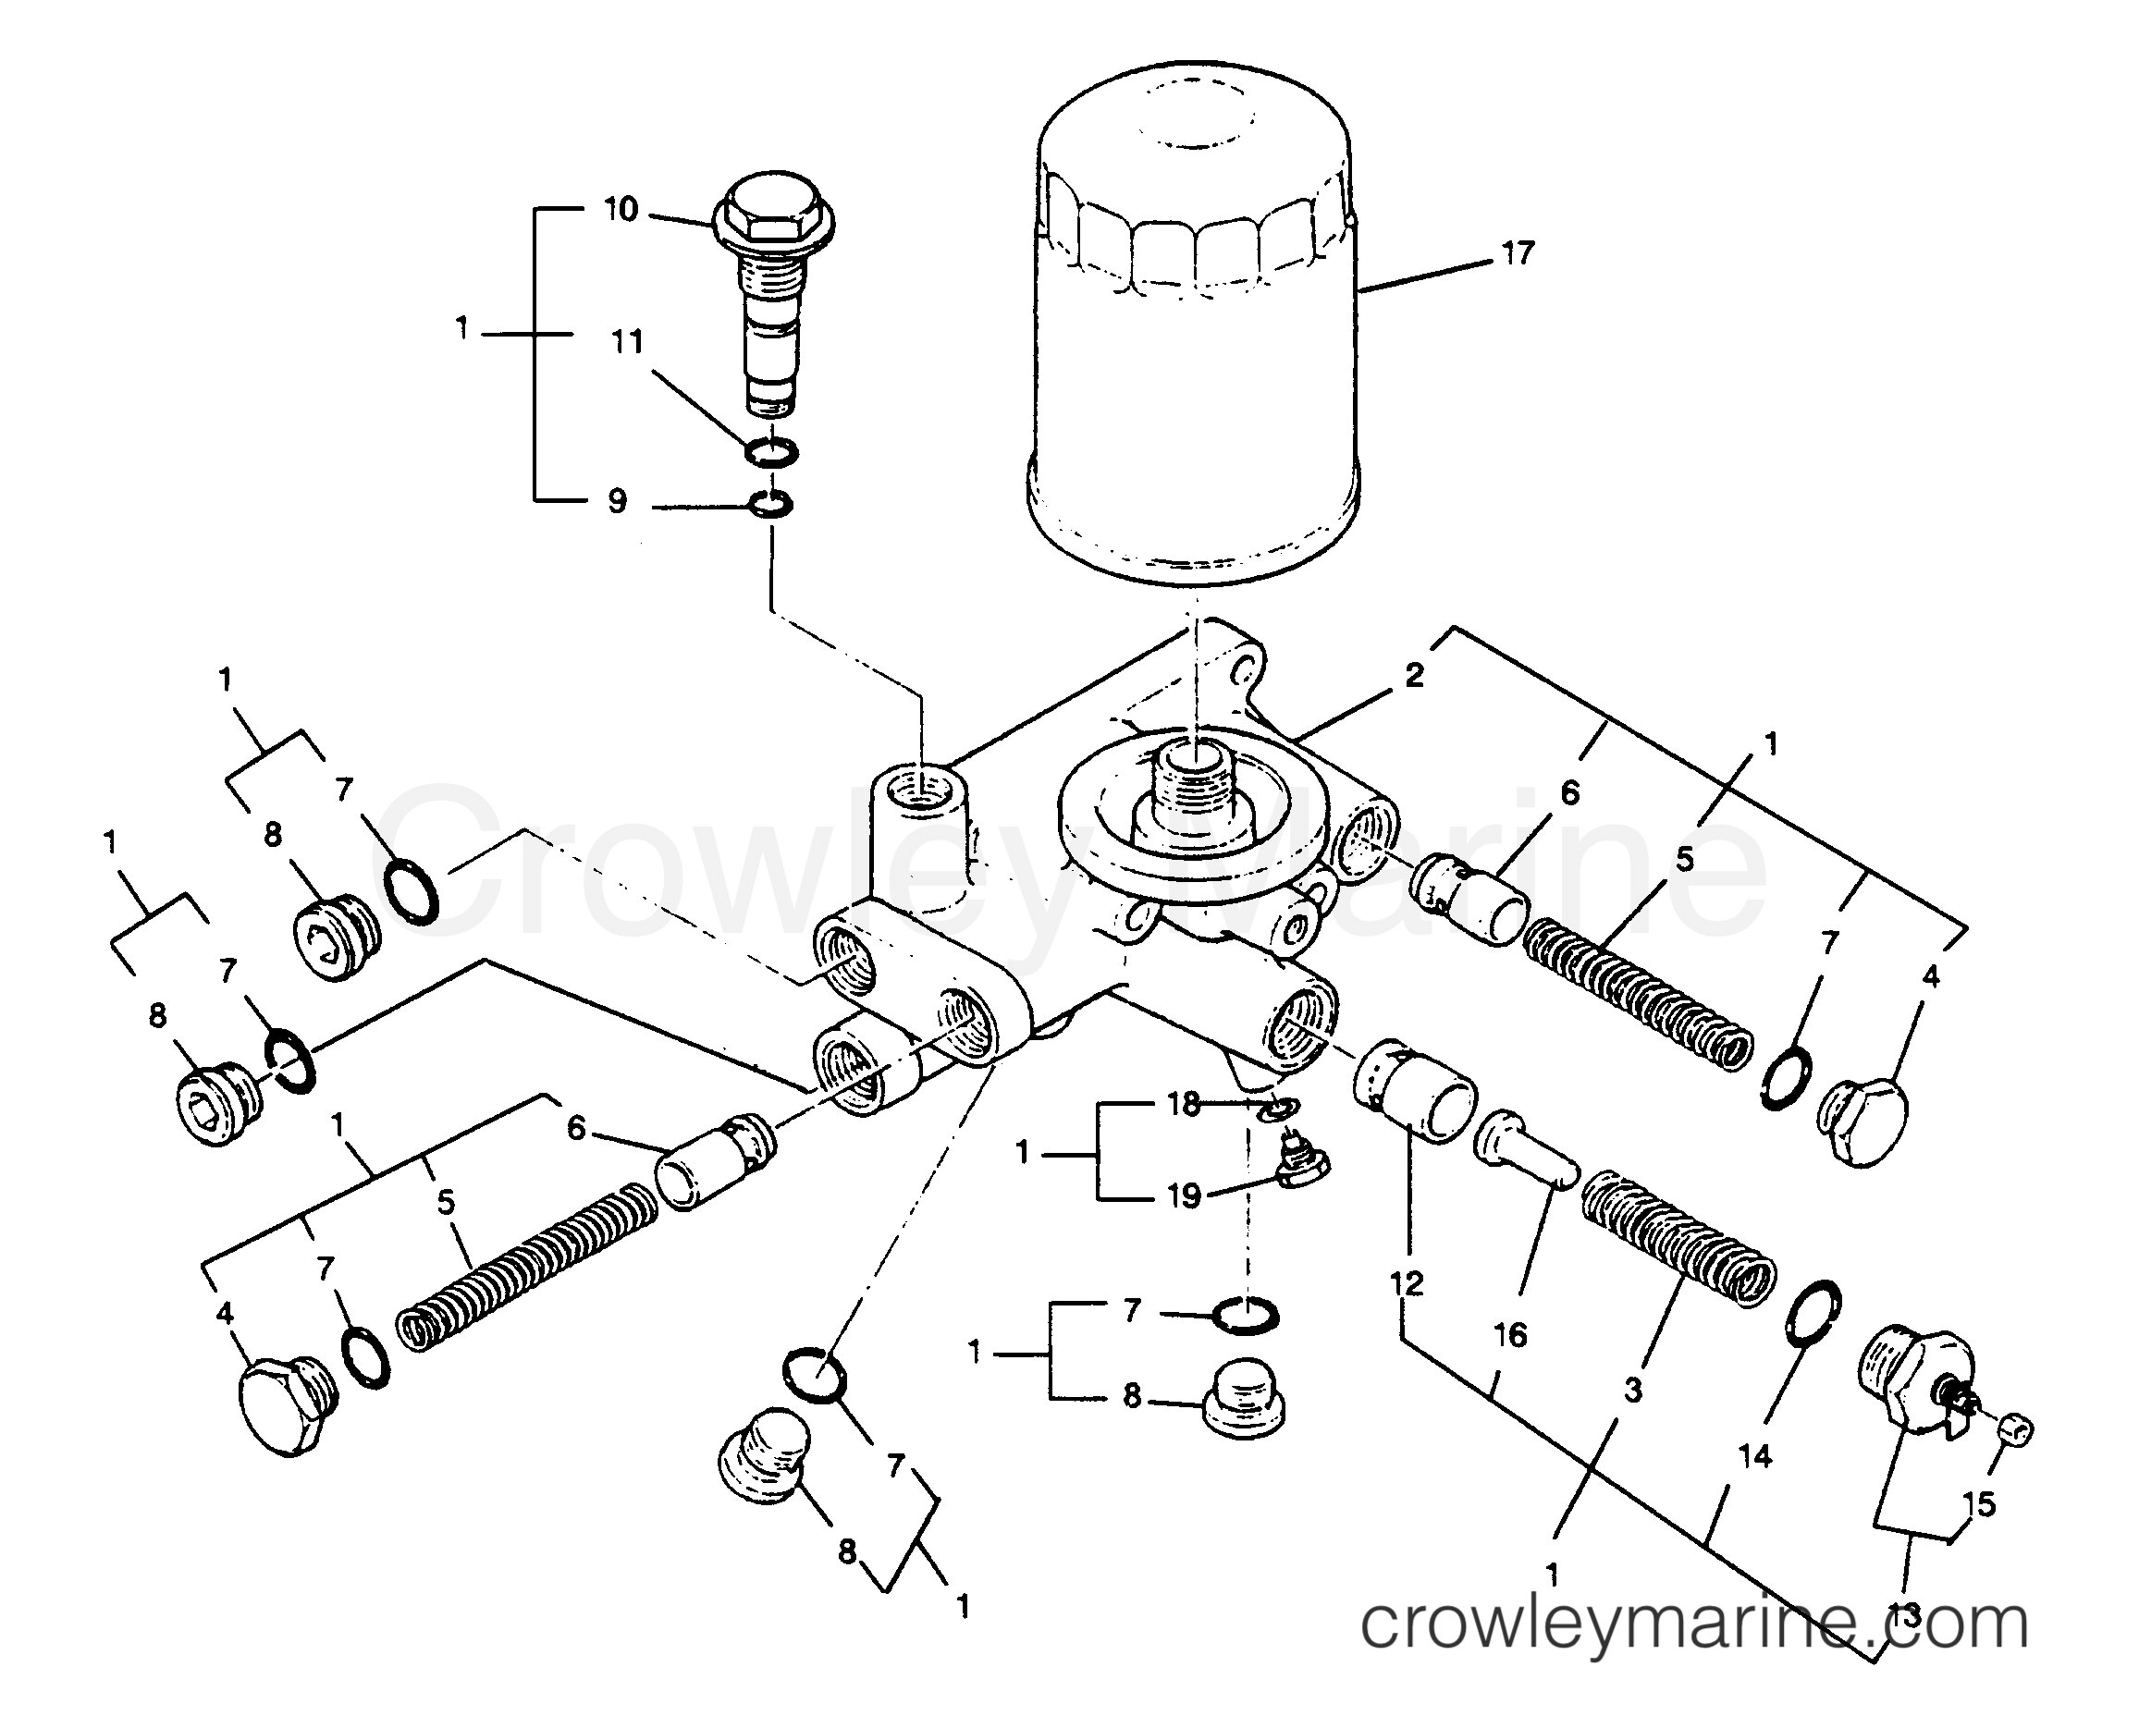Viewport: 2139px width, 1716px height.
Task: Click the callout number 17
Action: pos(1517,254)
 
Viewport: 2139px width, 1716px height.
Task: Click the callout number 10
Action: pos(621,210)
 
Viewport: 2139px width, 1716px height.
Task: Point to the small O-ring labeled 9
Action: pos(771,505)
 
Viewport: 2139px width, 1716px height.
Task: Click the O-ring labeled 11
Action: pos(771,452)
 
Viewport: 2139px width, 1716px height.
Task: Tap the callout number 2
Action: pos(1414,676)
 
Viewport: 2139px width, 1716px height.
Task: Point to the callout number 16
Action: pos(1510,1335)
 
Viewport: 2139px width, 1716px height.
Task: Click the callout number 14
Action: pos(1754,1456)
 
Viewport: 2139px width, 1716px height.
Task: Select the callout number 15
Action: pos(1978,1503)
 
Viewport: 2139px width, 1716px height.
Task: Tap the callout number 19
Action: pos(1184,1196)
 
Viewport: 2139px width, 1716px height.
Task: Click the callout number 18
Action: pos(1184,1103)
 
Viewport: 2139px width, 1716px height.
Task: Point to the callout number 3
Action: pos(1633,1390)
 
